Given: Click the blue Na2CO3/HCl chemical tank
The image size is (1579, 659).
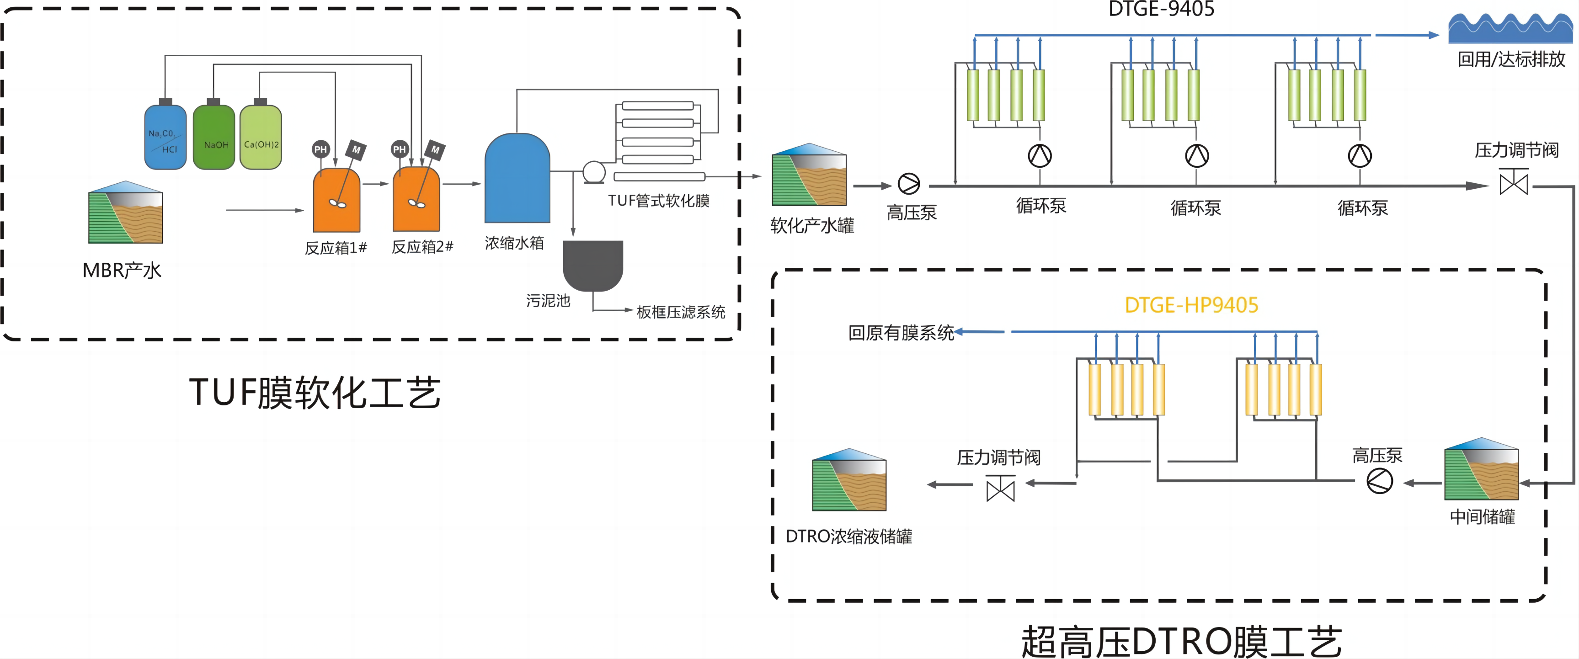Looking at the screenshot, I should coord(165,137).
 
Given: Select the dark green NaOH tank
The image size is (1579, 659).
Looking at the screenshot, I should coord(213,137).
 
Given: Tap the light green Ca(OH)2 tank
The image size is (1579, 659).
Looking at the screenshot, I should coord(261,137).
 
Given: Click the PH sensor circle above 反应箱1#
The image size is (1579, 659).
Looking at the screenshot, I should coord(320,149).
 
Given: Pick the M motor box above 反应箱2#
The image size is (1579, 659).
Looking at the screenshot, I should coord(435,149).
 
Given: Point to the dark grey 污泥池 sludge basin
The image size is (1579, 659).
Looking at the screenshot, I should coord(593,264).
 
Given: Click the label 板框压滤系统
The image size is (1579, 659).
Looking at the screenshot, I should coord(680,312).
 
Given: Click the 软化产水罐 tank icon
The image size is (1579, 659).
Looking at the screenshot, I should coord(809,175).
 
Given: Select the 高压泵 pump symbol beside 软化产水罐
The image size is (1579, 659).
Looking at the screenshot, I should coord(908,183).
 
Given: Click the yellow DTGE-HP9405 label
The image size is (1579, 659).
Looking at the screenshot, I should coord(1191,305).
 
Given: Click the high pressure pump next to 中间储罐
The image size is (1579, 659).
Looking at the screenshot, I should coord(1379,481).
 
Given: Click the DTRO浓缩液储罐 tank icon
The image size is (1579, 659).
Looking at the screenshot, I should coord(849,481).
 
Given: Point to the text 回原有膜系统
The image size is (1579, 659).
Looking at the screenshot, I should coord(901,332).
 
